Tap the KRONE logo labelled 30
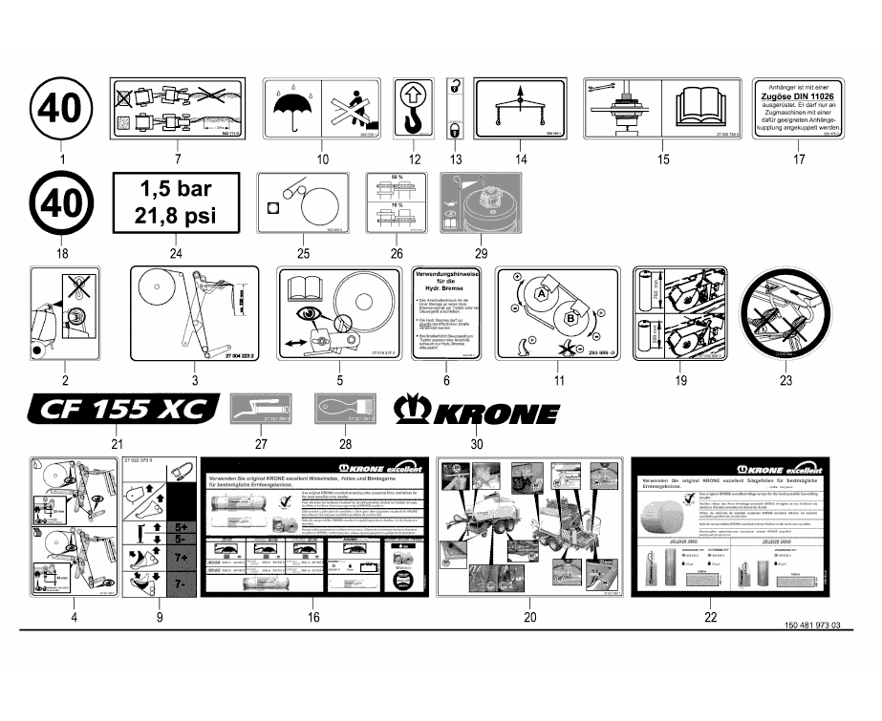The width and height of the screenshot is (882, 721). point(477,412)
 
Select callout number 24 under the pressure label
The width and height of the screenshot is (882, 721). point(175,253)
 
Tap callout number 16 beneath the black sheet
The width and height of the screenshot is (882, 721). point(312,618)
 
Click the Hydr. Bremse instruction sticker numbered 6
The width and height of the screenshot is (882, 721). point(445,313)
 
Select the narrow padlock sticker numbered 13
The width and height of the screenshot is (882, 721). point(456,110)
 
